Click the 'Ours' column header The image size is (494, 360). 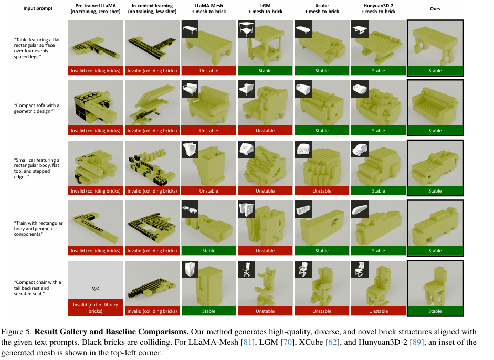point(435,9)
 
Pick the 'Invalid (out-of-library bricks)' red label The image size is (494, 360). point(96,308)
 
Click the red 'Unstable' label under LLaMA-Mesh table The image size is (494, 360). point(208,70)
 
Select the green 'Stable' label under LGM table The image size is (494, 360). point(265,70)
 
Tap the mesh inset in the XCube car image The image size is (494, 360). point(304,150)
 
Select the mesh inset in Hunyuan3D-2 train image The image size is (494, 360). point(361,209)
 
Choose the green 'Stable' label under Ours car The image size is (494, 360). point(435,191)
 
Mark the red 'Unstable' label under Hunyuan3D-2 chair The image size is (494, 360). point(378,311)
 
